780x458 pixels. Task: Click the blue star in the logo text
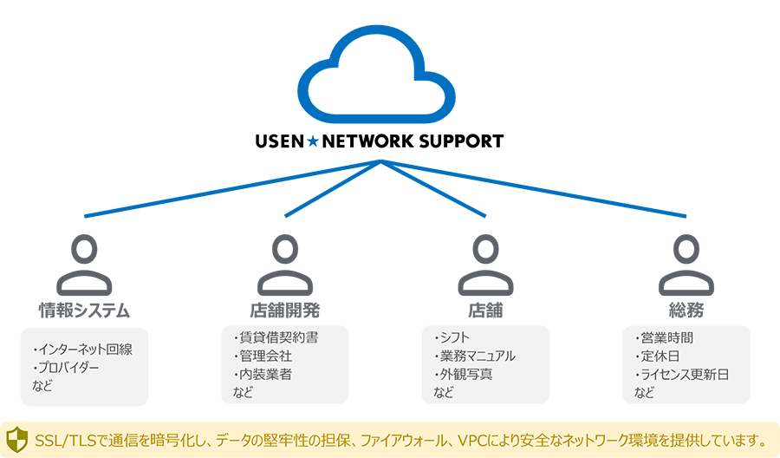[312, 141]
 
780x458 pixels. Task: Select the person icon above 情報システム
[84, 264]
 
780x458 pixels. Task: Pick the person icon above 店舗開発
[285, 264]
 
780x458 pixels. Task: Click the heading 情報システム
[84, 310]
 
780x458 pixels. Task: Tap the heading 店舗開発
[285, 310]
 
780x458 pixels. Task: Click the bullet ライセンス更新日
[682, 375]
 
